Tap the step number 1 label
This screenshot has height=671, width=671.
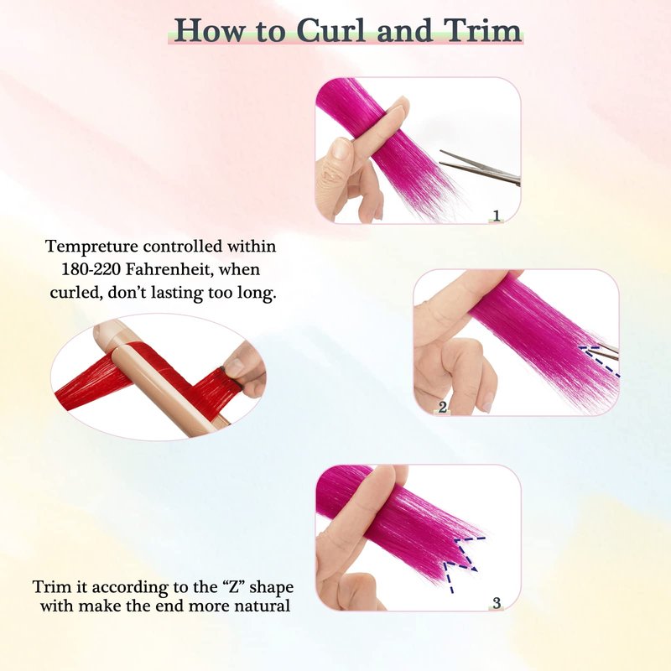pyautogui.click(x=497, y=216)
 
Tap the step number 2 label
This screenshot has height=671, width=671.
pyautogui.click(x=443, y=407)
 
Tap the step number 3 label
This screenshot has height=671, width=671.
pyautogui.click(x=497, y=603)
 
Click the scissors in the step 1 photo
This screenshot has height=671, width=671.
pyautogui.click(x=480, y=168)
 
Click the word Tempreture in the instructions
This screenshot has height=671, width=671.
pyautogui.click(x=91, y=247)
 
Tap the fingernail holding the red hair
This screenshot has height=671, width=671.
pyautogui.click(x=234, y=367)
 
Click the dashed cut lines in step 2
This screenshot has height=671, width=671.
pyautogui.click(x=599, y=361)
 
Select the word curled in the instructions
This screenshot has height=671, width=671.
pyautogui.click(x=75, y=293)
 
